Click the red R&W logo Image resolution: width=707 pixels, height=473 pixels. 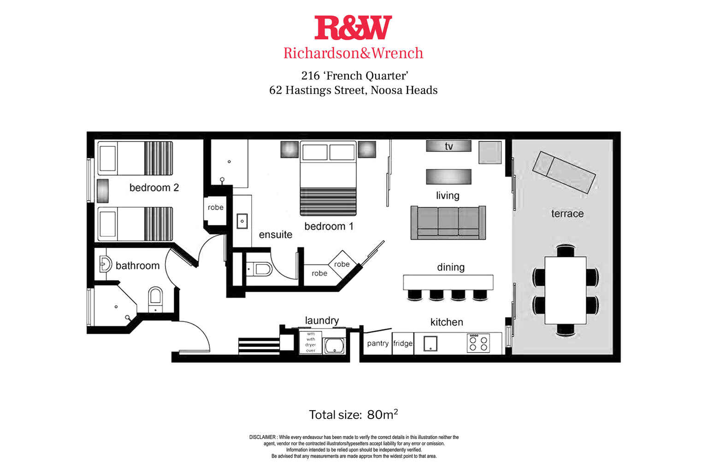(x=353, y=28)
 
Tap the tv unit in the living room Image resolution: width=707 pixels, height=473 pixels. (x=448, y=146)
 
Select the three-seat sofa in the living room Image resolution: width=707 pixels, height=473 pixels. (x=448, y=222)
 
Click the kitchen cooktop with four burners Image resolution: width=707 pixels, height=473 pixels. (x=478, y=343)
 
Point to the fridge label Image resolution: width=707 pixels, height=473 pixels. (x=403, y=343)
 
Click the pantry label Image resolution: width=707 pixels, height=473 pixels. (x=377, y=343)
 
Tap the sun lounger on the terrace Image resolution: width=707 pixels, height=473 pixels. (x=564, y=173)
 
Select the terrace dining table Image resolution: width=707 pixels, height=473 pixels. (x=566, y=290)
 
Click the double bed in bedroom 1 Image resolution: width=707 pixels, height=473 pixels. (x=329, y=178)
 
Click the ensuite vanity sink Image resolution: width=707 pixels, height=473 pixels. (x=242, y=221)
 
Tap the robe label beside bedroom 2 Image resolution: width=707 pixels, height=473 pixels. (x=215, y=208)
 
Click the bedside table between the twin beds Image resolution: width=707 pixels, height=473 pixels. (x=102, y=191)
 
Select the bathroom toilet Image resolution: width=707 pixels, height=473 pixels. (x=155, y=299)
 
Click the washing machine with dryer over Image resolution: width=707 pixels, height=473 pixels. (x=311, y=342)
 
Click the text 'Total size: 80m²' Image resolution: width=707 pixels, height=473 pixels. (x=353, y=414)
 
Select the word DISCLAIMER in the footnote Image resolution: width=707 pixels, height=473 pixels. (x=263, y=437)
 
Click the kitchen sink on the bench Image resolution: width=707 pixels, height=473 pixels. (x=430, y=343)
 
